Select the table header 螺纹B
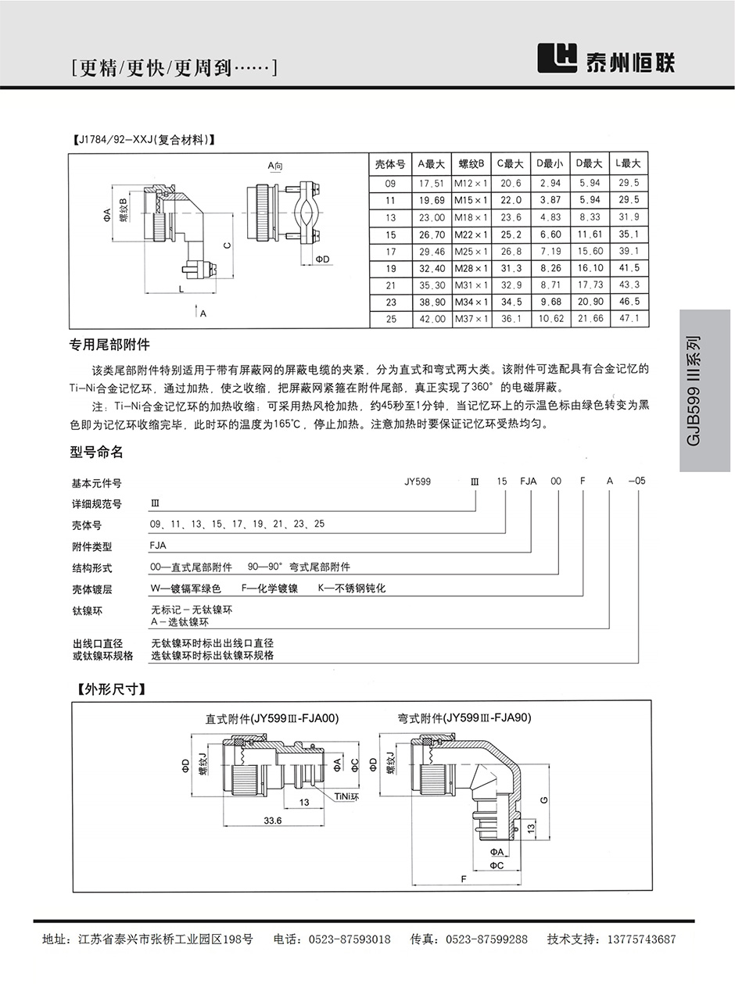point(471,163)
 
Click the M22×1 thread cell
point(471,234)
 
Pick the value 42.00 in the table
point(432,319)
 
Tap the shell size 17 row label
point(390,252)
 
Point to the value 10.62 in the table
point(550,319)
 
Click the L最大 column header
point(628,163)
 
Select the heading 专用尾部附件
point(109,344)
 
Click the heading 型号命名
point(97,453)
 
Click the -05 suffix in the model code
point(637,481)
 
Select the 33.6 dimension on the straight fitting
point(272,821)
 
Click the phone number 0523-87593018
point(350,939)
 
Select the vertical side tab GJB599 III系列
point(694,391)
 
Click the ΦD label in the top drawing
point(322,259)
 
